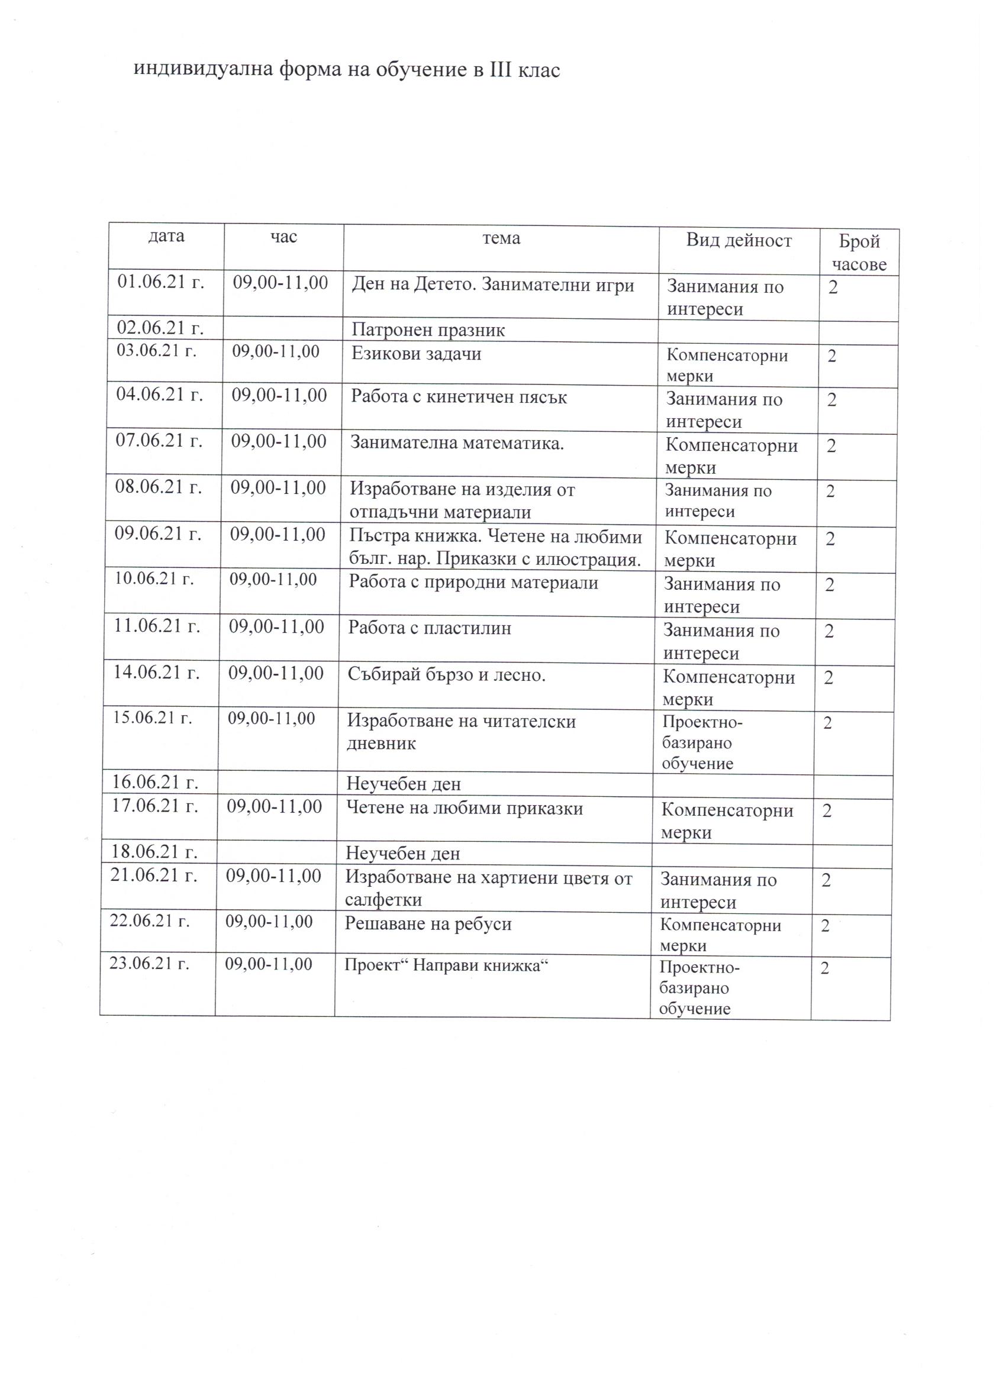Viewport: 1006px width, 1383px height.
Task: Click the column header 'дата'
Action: pos(166,236)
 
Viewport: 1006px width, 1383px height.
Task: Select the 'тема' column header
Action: pos(501,238)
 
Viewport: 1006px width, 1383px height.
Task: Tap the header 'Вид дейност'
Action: pos(738,240)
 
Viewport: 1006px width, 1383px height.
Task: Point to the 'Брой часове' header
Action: pos(859,253)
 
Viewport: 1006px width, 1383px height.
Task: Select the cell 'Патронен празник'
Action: pos(428,331)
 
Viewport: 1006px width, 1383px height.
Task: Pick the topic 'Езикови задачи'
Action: pos(416,354)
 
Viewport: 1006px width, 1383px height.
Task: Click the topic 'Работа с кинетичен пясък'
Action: pos(459,397)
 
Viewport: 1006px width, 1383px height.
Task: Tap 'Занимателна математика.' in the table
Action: pos(456,442)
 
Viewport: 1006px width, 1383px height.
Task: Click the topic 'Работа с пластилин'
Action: pos(430,628)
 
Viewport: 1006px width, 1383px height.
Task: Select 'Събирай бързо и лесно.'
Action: pos(446,674)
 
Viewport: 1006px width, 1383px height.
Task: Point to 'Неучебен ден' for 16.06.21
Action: pos(403,784)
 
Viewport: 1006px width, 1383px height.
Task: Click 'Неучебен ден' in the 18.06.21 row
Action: pos(402,853)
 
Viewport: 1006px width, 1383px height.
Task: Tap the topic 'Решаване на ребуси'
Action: pos(428,924)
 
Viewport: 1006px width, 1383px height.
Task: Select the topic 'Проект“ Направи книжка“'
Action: pos(443,965)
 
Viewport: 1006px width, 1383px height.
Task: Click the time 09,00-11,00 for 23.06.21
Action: pos(269,964)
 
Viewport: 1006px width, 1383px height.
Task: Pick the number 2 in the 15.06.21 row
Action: pos(828,723)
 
